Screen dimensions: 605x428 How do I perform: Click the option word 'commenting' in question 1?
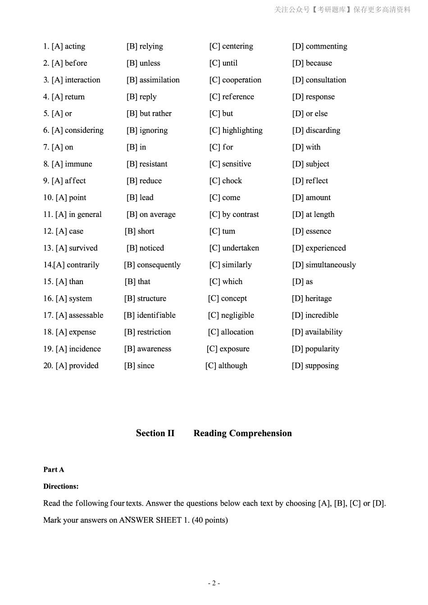point(326,46)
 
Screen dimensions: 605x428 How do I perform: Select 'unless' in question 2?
point(150,63)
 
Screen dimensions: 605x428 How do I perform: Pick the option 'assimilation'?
point(159,80)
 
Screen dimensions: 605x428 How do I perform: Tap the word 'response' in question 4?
point(320,97)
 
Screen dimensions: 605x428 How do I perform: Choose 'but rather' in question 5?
point(155,113)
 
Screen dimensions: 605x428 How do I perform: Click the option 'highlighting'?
point(242,131)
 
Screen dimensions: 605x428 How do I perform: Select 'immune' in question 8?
point(78,164)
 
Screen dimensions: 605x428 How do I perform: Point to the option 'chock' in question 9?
point(232,181)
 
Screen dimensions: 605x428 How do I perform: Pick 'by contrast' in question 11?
point(240,215)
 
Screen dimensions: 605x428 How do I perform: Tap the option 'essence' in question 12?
point(318,231)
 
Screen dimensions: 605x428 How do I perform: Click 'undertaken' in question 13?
point(241,248)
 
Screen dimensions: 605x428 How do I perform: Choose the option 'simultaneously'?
point(330,265)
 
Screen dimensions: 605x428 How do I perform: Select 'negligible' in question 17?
point(237,316)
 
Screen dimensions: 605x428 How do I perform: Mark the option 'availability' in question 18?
point(323,332)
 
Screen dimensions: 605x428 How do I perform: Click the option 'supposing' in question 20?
point(322,366)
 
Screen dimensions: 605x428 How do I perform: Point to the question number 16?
point(48,298)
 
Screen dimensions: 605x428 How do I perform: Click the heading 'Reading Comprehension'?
point(242,433)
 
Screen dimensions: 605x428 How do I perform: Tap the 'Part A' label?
point(54,470)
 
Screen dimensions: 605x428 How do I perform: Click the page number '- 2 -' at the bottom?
point(214,583)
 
